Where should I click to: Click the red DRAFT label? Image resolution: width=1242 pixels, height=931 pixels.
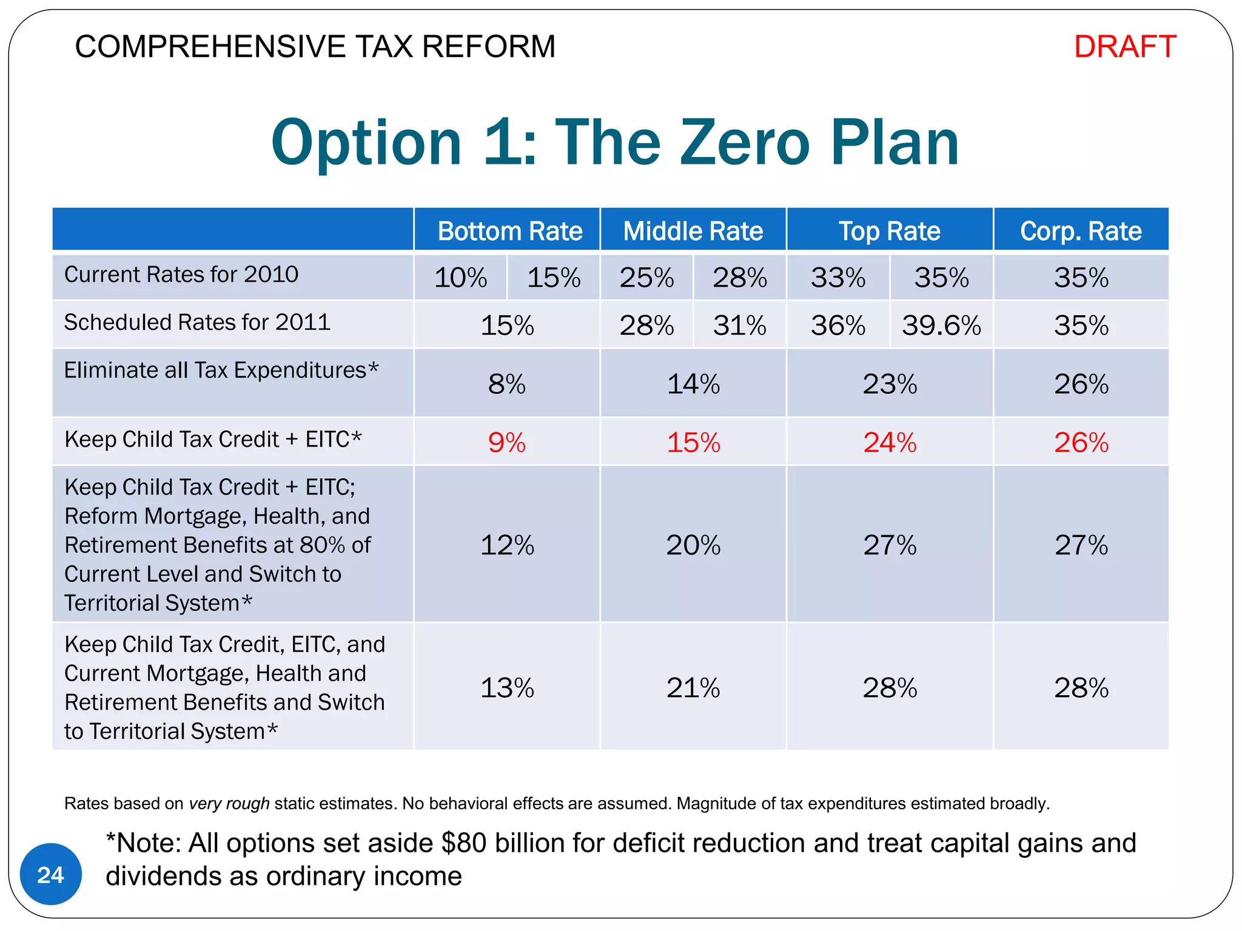(x=1125, y=47)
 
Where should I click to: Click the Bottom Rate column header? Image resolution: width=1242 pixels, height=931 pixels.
(x=509, y=231)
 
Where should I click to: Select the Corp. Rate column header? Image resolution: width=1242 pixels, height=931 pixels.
(x=1081, y=231)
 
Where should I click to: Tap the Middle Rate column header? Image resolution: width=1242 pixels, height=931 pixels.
(x=693, y=231)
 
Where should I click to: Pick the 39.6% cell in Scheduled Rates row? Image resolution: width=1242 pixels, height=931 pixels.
(x=941, y=325)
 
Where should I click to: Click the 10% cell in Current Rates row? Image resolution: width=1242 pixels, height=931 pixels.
(x=460, y=278)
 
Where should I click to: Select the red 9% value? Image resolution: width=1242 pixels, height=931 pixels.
(x=507, y=442)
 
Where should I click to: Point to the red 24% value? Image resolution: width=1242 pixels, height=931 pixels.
(x=890, y=442)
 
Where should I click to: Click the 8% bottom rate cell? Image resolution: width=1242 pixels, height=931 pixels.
(x=507, y=384)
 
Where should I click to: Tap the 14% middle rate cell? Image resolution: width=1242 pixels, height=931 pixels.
(x=693, y=384)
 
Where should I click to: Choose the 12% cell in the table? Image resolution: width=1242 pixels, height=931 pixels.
(x=507, y=545)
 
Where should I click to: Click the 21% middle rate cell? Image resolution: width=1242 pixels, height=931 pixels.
(x=693, y=688)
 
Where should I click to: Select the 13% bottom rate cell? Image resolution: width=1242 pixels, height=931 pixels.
(x=507, y=688)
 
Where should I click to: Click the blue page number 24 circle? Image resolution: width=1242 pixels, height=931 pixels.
(x=50, y=875)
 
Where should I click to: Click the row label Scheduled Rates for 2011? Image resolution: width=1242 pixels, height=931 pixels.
(x=197, y=322)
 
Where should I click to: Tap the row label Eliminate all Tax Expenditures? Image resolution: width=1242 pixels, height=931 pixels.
(x=221, y=370)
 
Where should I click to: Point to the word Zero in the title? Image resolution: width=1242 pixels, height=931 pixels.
(x=745, y=142)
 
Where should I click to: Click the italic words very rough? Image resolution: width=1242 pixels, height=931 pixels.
(x=229, y=804)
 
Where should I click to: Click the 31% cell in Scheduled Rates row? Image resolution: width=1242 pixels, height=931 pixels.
(x=739, y=325)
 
